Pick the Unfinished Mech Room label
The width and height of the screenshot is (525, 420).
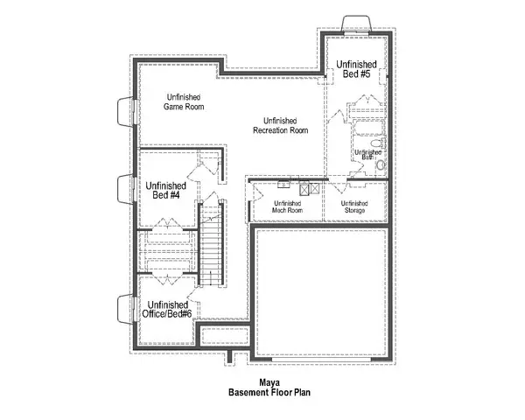pos(286,207)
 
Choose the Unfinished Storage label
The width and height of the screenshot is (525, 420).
pos(353,207)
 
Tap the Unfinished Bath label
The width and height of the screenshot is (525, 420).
pos(365,154)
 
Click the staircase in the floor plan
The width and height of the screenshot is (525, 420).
pos(211,250)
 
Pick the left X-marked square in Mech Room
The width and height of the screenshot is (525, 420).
pos(304,187)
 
